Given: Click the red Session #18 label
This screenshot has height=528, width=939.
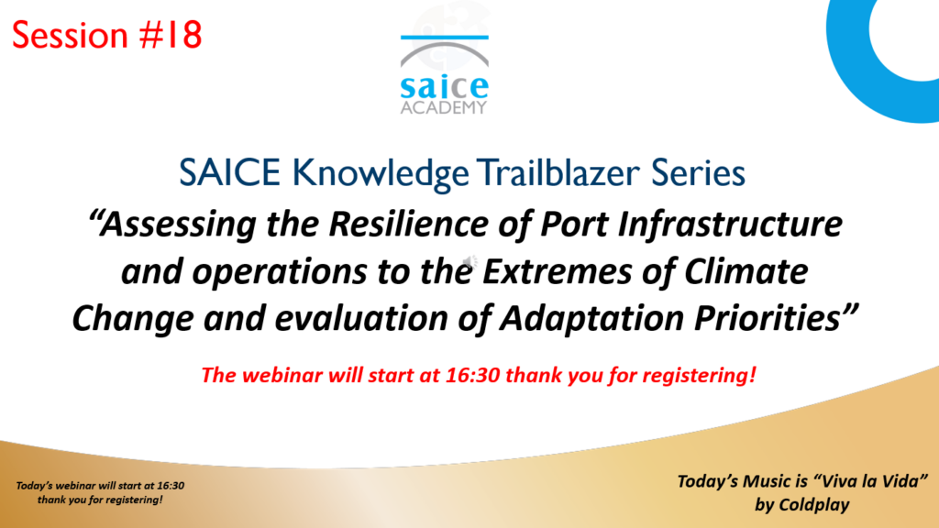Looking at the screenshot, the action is point(106,35).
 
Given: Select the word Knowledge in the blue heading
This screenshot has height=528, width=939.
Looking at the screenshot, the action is point(381,173).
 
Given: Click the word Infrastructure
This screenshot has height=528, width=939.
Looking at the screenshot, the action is point(730,224).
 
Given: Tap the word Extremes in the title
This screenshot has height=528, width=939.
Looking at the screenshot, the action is point(557,271).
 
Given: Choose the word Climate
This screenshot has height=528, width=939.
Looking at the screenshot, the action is point(746,271).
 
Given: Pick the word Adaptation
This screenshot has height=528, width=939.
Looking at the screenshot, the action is point(591,318).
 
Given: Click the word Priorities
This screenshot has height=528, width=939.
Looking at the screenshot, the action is point(768,318).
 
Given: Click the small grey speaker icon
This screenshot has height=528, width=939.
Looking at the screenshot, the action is point(470,261).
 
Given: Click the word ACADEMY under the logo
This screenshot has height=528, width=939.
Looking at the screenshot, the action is point(444,107).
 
